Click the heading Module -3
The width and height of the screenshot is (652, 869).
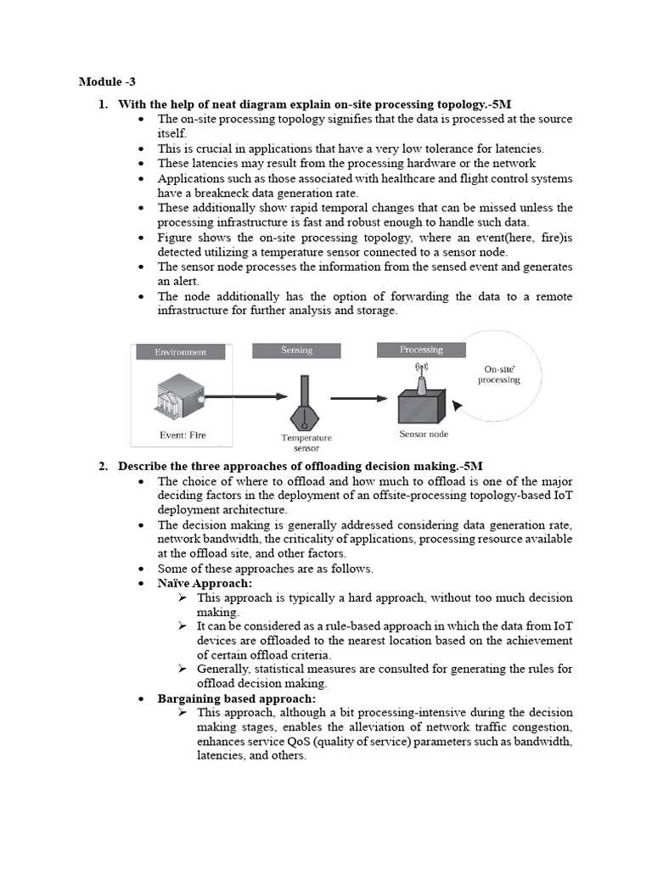pyautogui.click(x=106, y=81)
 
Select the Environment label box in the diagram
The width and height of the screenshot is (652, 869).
pyautogui.click(x=180, y=351)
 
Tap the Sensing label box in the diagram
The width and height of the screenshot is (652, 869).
pyautogui.click(x=296, y=350)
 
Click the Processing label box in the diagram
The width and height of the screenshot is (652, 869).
pyautogui.click(x=421, y=350)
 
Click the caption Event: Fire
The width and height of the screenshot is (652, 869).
pyautogui.click(x=183, y=435)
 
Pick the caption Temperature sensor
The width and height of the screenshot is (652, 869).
pyautogui.click(x=306, y=442)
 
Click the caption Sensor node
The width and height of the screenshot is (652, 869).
pyautogui.click(x=424, y=434)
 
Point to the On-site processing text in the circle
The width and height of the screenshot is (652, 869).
pyautogui.click(x=502, y=374)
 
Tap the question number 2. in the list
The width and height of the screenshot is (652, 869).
pyautogui.click(x=103, y=466)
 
